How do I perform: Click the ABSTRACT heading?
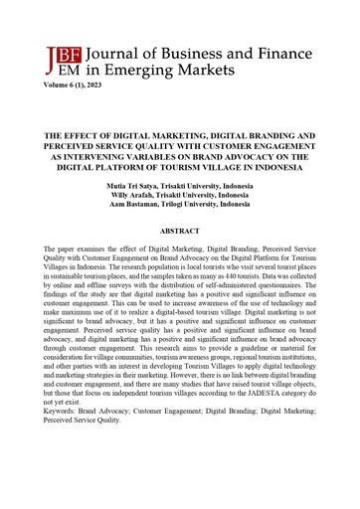coord(180,230)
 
